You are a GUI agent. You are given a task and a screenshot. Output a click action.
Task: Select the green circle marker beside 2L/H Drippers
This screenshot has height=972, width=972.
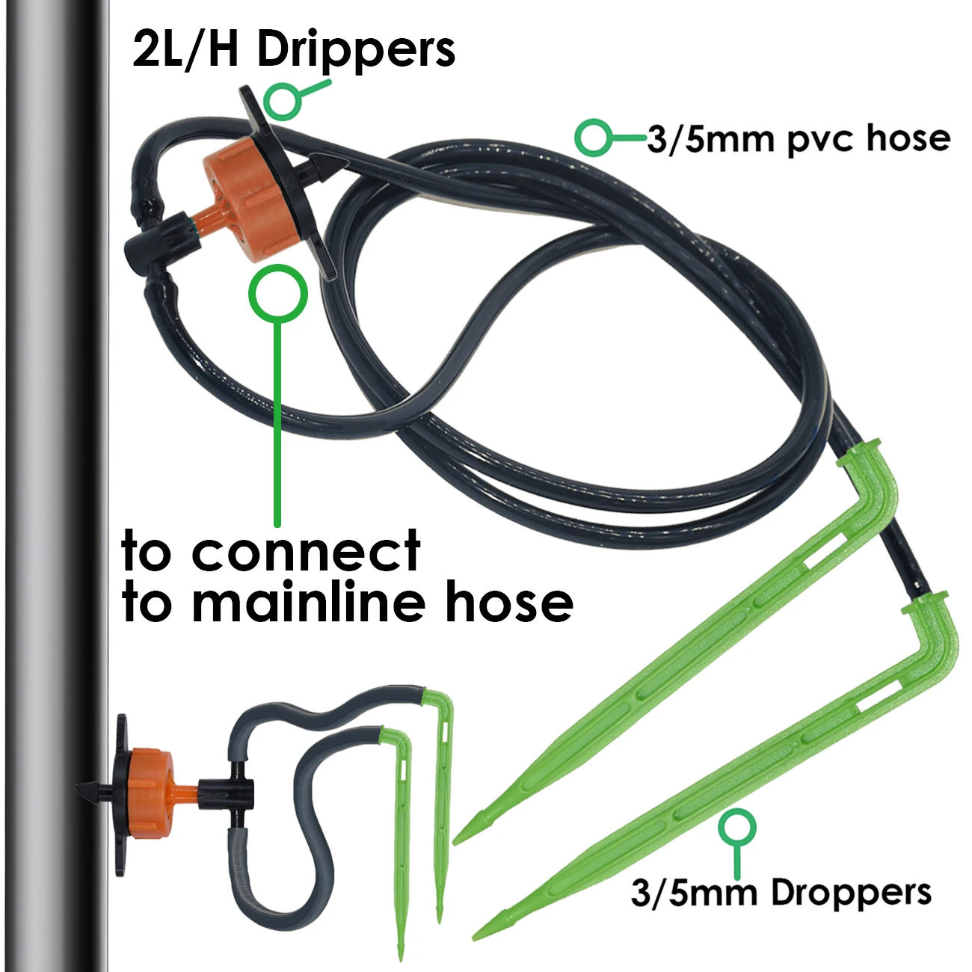point(283,100)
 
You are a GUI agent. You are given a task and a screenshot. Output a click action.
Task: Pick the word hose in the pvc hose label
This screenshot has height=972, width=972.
point(908,138)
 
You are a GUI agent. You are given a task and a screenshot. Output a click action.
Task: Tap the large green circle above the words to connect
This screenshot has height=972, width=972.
point(277,293)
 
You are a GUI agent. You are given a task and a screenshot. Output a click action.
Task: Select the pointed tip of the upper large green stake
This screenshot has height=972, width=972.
point(461,837)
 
